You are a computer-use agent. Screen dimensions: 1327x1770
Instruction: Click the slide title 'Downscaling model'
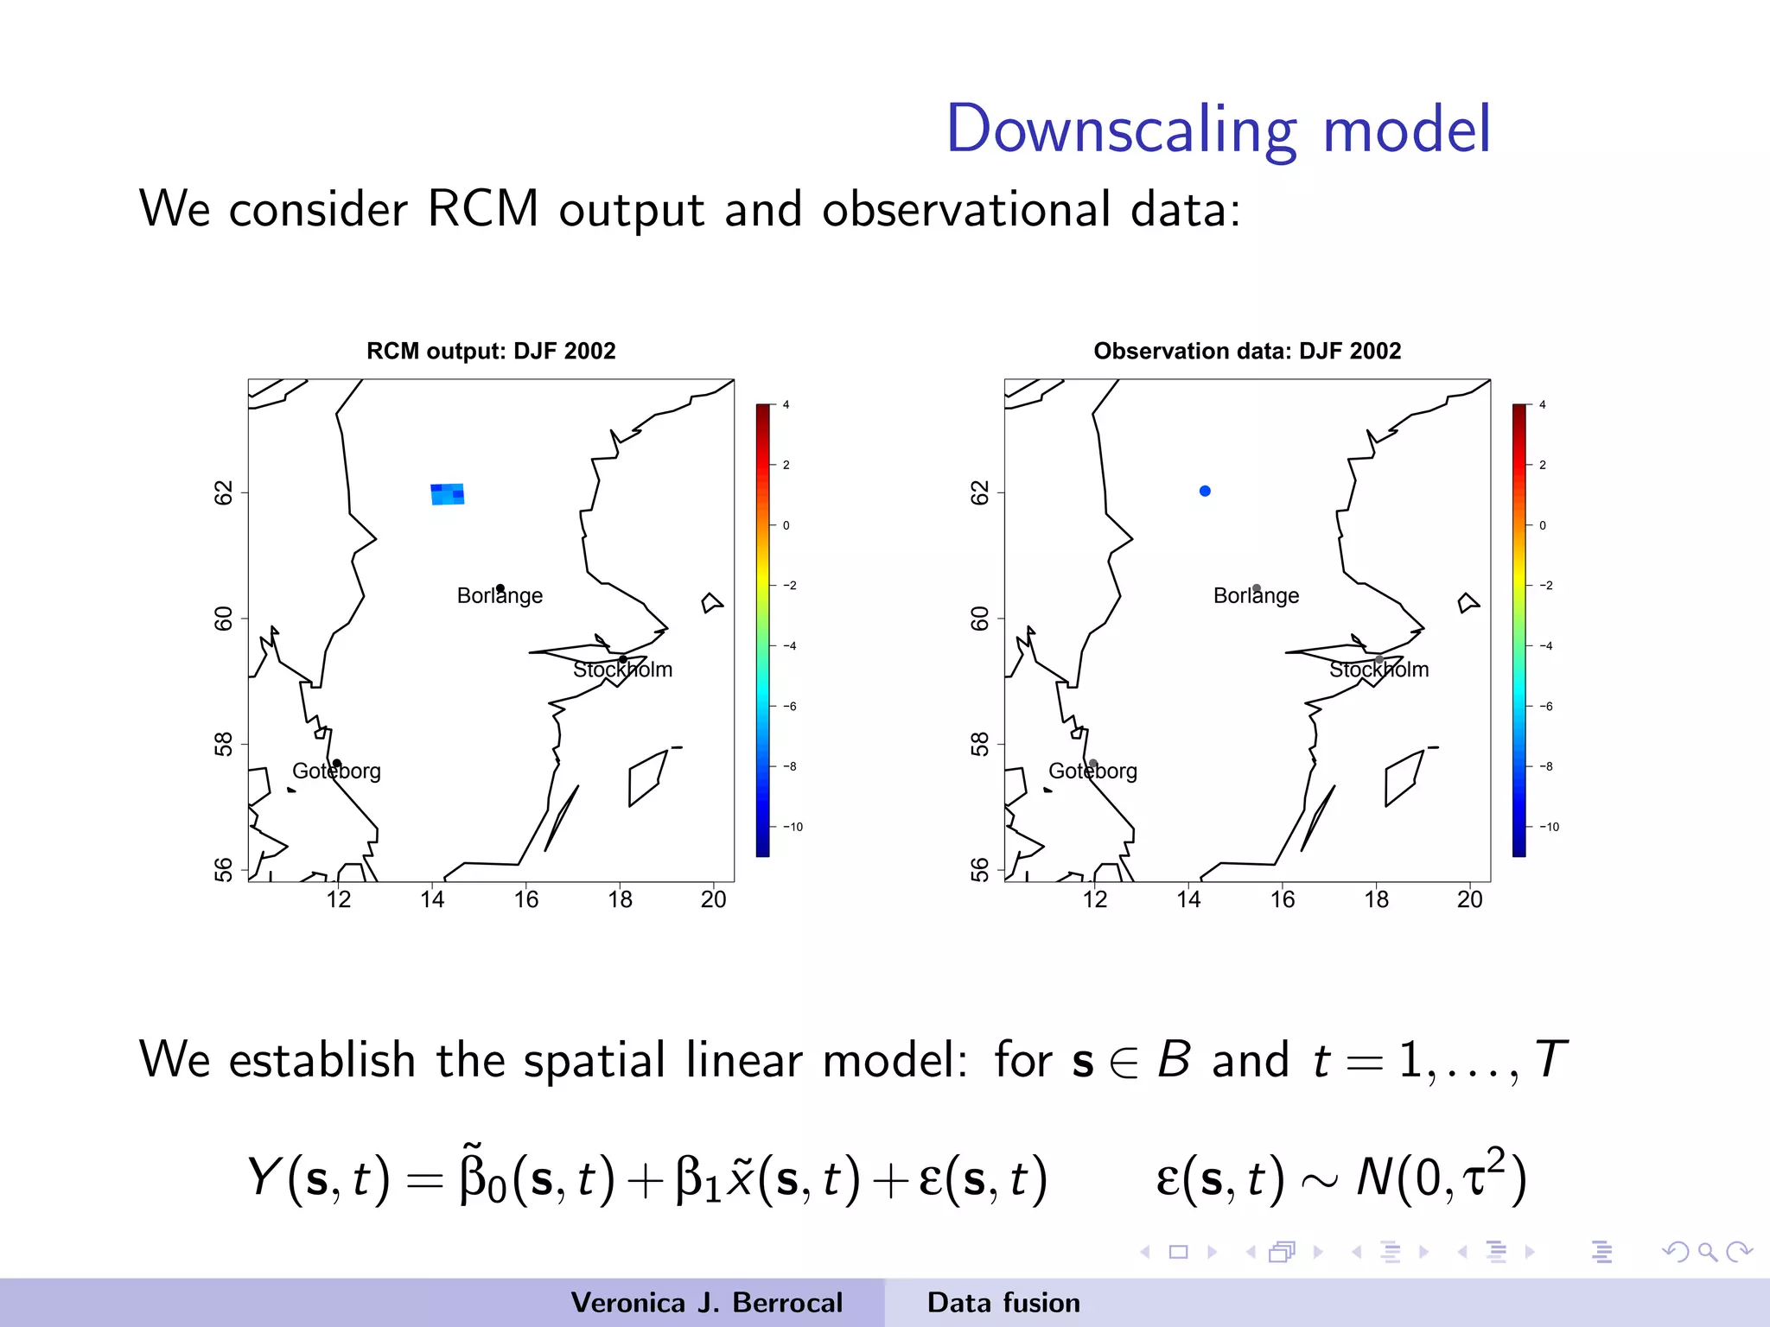click(1219, 130)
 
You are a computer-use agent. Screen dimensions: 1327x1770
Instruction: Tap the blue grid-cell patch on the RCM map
click(448, 494)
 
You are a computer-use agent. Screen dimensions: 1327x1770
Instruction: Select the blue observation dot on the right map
click(1205, 491)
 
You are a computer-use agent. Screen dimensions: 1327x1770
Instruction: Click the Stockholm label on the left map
click(622, 670)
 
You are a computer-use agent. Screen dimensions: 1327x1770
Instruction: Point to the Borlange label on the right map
click(1256, 596)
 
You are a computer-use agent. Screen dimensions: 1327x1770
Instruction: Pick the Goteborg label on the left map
click(336, 771)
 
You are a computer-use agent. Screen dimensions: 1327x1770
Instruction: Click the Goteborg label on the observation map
click(1092, 771)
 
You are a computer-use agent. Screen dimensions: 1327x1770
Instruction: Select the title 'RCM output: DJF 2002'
click(491, 352)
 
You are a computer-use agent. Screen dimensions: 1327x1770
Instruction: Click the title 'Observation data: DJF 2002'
click(1247, 352)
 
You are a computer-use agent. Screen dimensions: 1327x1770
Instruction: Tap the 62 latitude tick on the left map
click(224, 493)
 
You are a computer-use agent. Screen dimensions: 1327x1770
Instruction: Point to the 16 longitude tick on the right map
click(1283, 900)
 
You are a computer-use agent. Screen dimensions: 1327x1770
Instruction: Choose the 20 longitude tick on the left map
click(713, 900)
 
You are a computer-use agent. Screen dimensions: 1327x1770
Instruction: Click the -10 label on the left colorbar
click(793, 828)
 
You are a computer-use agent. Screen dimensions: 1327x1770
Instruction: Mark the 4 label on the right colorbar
click(1543, 404)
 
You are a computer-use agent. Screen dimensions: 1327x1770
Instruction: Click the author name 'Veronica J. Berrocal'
click(706, 1303)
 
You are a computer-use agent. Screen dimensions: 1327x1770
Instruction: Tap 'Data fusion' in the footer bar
click(1003, 1303)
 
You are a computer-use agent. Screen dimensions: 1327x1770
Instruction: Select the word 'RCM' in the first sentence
click(482, 209)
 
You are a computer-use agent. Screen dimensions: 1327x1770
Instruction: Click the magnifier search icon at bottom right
click(1707, 1252)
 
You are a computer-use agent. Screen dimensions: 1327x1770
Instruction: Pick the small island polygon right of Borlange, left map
click(712, 603)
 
